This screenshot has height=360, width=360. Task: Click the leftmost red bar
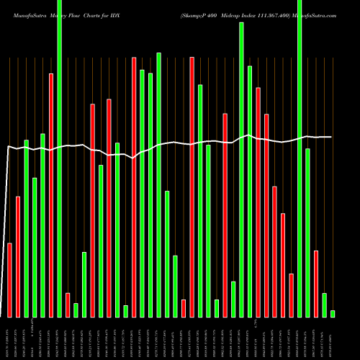coord(10,280)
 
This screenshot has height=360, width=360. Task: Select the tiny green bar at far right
coord(333,314)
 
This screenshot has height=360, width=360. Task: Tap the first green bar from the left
coord(27,228)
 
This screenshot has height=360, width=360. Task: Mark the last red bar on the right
coord(316,284)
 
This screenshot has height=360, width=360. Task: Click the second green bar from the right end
coord(324,305)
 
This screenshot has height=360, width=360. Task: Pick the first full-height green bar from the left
coord(60,158)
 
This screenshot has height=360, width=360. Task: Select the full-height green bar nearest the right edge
coord(300,158)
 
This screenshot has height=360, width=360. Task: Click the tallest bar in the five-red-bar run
coord(258,202)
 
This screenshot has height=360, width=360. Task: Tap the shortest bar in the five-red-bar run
coord(291,295)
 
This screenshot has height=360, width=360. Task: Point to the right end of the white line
coord(331,137)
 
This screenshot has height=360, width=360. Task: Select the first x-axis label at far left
coord(10,338)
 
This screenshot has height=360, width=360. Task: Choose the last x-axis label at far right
coord(333,338)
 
